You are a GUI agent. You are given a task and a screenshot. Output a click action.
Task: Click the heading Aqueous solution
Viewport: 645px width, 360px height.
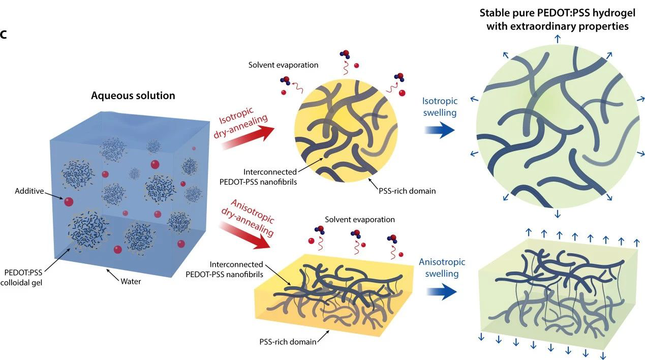click(x=133, y=96)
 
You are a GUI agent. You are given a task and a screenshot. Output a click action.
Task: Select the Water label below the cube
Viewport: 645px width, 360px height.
click(x=131, y=280)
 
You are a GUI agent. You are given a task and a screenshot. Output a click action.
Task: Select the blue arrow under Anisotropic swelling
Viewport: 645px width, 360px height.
click(x=440, y=291)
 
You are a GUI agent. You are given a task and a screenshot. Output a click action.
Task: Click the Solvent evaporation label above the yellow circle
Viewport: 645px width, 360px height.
click(x=284, y=65)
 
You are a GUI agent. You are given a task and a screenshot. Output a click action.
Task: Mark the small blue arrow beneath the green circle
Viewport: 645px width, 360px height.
click(x=558, y=213)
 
